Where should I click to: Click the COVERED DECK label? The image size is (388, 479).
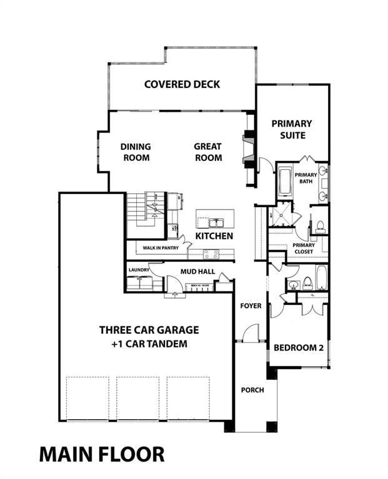tap(182, 84)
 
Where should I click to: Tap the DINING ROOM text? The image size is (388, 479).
tap(136, 152)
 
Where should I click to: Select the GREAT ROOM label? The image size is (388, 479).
tap(208, 152)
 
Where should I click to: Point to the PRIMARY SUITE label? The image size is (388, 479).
tap(292, 129)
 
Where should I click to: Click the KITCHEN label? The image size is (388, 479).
tap(214, 236)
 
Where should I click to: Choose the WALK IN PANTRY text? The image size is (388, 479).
tap(161, 248)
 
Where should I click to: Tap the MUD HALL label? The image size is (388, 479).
tap(197, 272)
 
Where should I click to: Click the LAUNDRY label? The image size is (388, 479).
tap(138, 270)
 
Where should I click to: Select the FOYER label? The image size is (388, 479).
tap(251, 306)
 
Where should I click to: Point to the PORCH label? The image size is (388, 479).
tap(252, 390)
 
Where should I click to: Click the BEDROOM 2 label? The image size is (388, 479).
tap(299, 347)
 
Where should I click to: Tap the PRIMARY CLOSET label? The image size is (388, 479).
tap(304, 249)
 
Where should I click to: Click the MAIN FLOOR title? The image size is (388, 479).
tap(102, 453)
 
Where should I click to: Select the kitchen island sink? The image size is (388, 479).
tap(215, 222)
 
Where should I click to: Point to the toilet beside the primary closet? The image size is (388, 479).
tap(319, 226)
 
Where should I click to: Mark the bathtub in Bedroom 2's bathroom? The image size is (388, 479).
tap(321, 278)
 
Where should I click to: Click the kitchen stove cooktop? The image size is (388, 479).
tap(211, 254)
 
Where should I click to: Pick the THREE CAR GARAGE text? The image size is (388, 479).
tap(149, 330)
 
